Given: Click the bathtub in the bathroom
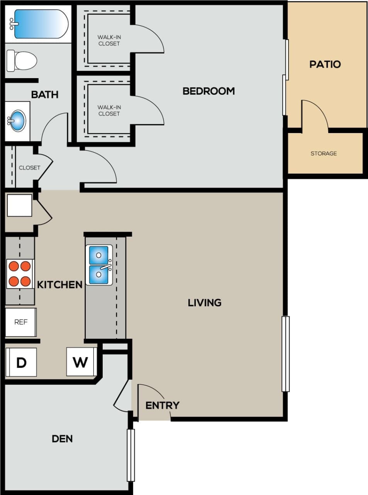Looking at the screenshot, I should (x=41, y=24).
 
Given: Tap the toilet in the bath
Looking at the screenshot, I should (x=22, y=61).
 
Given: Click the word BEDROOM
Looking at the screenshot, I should (x=209, y=91).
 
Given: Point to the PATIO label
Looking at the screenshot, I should (x=325, y=64).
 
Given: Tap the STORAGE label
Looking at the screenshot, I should (x=324, y=154).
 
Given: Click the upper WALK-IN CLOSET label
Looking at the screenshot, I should (x=109, y=40).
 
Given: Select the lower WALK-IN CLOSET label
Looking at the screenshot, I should (x=109, y=110).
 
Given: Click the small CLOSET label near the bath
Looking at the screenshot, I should (x=29, y=168).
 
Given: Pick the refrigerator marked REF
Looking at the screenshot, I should (x=21, y=322).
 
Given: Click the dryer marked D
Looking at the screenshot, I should (x=21, y=362).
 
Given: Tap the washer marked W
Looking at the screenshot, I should (x=80, y=362).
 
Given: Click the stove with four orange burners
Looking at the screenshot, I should (x=20, y=273).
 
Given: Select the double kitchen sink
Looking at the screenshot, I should (x=99, y=265).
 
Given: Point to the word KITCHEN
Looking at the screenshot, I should (x=60, y=285).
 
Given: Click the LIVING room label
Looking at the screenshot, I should (x=205, y=302).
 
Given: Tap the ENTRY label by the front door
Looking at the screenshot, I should (x=162, y=405).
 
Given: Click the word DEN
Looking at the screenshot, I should (x=62, y=439).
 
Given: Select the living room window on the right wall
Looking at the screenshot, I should (x=285, y=353).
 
